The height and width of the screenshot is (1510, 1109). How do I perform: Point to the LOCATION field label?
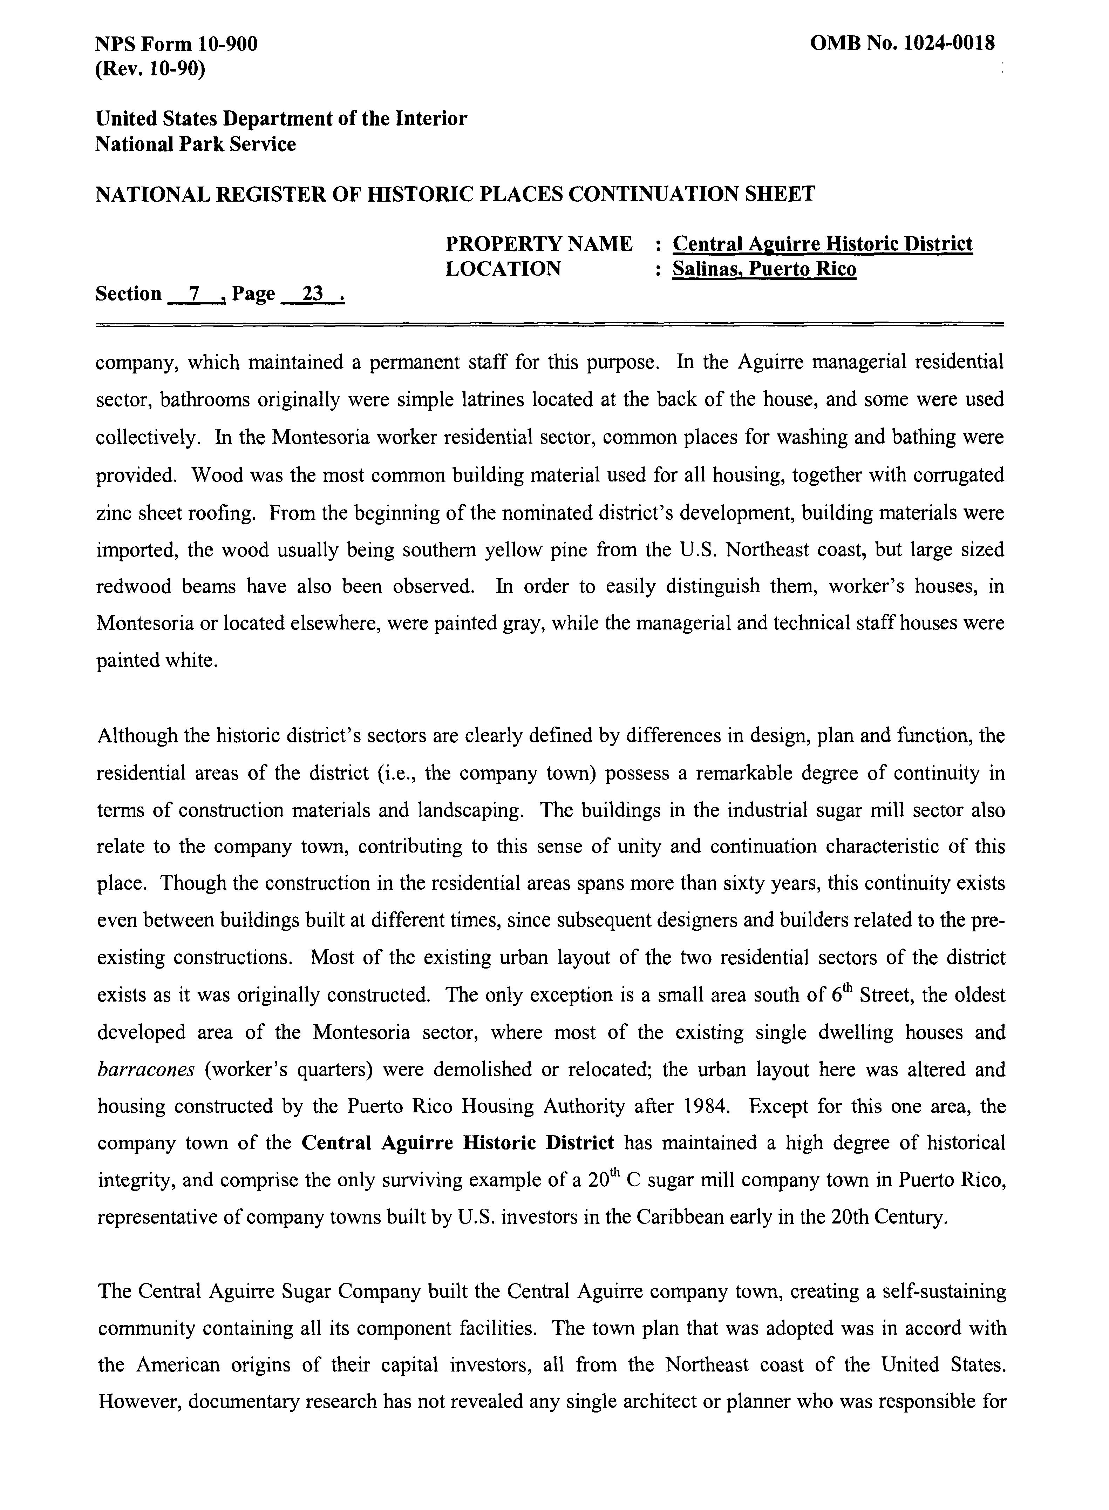503,269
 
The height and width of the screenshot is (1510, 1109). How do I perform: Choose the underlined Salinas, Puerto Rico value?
764,269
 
